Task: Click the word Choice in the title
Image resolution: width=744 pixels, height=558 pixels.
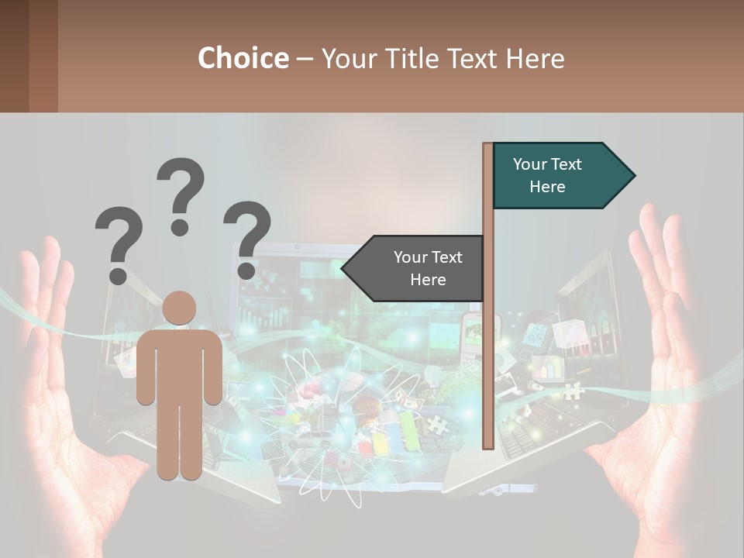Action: pyautogui.click(x=243, y=58)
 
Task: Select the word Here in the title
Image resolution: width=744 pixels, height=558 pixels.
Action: pyautogui.click(x=535, y=58)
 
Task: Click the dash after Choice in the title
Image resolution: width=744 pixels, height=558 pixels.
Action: pyautogui.click(x=305, y=60)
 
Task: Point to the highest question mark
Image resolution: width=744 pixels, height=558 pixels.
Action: pyautogui.click(x=181, y=194)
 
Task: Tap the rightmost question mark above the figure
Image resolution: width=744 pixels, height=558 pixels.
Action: pyautogui.click(x=247, y=236)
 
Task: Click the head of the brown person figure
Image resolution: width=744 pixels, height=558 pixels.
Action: pyautogui.click(x=179, y=308)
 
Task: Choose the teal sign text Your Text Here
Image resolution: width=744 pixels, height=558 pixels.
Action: pyautogui.click(x=547, y=175)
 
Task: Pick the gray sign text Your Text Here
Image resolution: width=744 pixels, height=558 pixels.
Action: pyautogui.click(x=428, y=268)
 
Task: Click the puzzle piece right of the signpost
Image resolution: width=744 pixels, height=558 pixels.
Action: pyautogui.click(x=573, y=391)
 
